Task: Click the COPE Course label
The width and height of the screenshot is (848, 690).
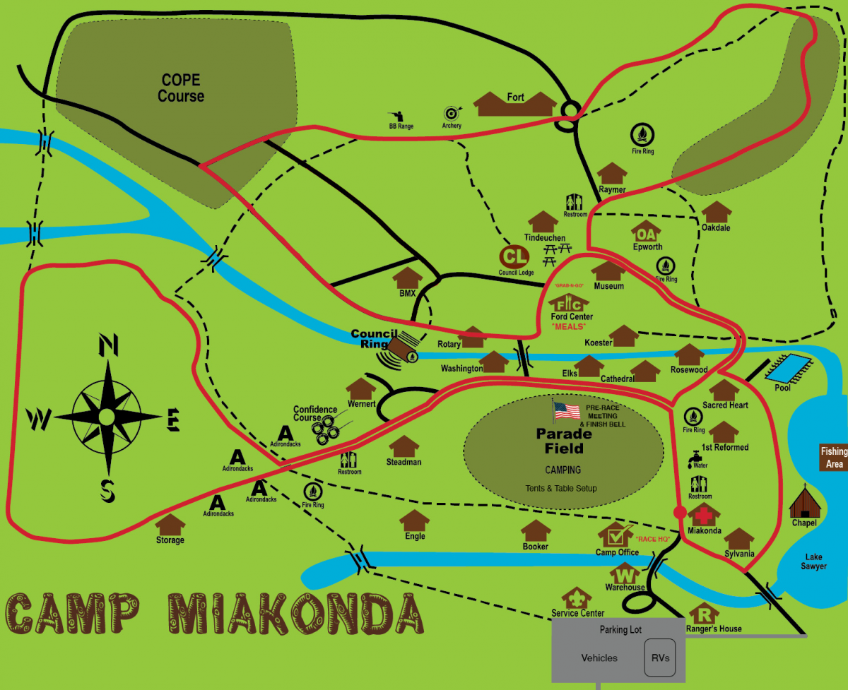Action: [181, 88]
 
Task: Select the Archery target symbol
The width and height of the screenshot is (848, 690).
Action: [452, 113]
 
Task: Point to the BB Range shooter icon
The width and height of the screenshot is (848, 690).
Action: [395, 116]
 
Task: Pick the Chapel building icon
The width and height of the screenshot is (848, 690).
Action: [804, 503]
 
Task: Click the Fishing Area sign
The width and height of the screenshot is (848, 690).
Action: [833, 458]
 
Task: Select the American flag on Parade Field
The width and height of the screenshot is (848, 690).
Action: [566, 410]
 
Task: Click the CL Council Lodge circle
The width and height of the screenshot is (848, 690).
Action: [515, 256]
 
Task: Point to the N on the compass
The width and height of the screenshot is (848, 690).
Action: [107, 345]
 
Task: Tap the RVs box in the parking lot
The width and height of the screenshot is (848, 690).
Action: [659, 658]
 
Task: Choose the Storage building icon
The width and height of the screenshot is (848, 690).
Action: [170, 525]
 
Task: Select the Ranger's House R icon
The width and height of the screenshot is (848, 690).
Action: [704, 613]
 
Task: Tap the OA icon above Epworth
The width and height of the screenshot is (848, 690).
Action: [647, 232]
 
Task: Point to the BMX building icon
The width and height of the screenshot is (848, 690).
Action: [407, 278]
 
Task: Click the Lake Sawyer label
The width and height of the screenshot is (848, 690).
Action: [813, 561]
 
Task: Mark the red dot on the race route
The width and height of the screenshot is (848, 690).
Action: [680, 513]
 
